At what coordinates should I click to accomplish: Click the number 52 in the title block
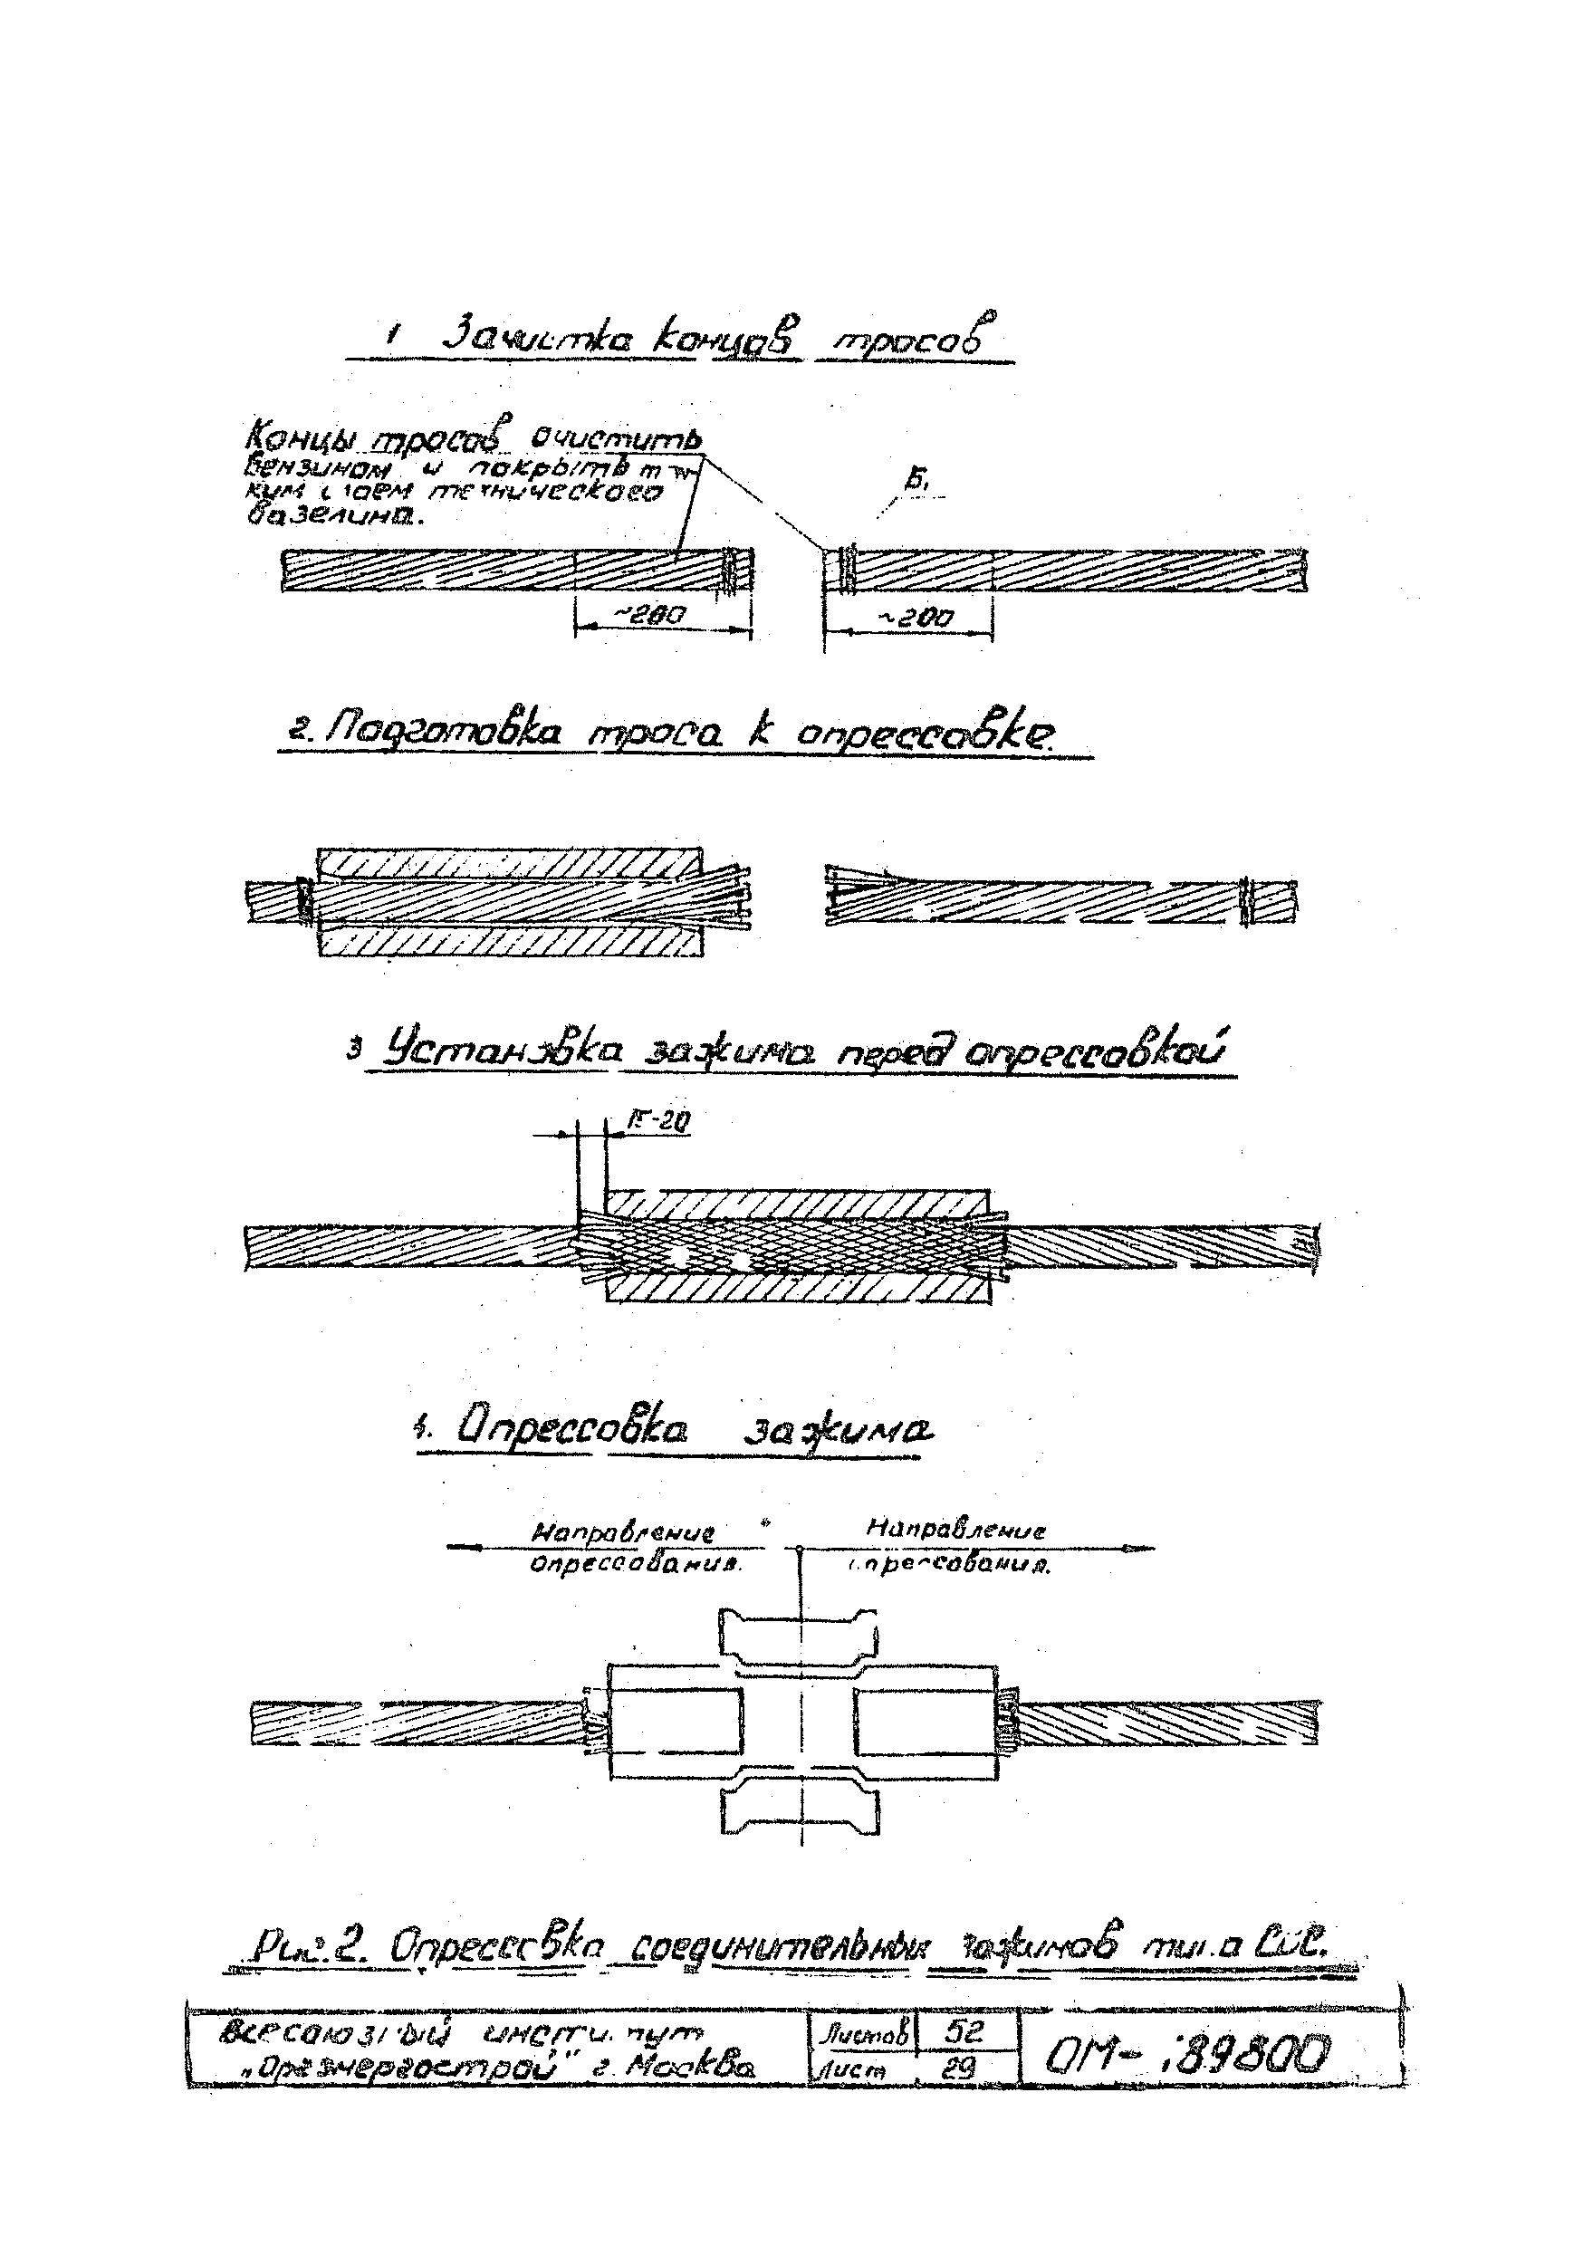pyautogui.click(x=963, y=2031)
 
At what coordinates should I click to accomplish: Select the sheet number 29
pyautogui.click(x=963, y=2068)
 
